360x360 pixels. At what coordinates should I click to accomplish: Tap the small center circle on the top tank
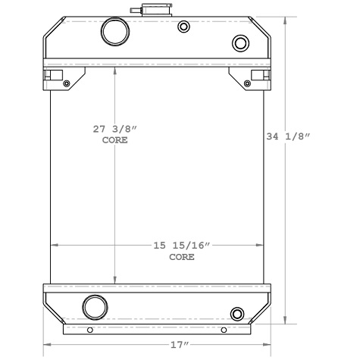point(183,27)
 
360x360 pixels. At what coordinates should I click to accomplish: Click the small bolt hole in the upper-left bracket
point(67,82)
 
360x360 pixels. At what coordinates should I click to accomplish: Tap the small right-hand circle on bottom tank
point(236,313)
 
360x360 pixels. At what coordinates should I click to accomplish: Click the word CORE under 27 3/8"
point(114,141)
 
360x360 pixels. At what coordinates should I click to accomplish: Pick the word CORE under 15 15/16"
point(181,257)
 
